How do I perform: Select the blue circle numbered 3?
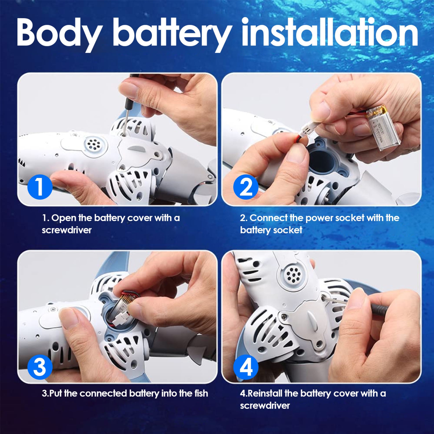tap(40, 367)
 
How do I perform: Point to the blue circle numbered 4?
tap(246, 367)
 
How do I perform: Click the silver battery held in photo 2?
tap(383, 129)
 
